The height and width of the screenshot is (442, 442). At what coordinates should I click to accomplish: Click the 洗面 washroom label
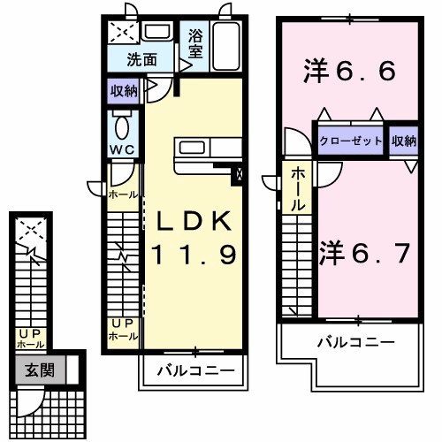coord(141,60)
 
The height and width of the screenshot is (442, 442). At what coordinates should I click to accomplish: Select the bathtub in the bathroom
coord(226,46)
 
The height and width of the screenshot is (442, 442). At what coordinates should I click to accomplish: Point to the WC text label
coord(123,149)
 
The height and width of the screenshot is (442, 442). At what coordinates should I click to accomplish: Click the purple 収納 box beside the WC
coord(124,90)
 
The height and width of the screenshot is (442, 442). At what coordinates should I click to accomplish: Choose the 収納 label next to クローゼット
coord(403,141)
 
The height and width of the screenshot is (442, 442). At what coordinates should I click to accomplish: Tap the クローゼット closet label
coord(352,141)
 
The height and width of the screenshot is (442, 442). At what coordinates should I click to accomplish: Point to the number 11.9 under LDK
coord(193,256)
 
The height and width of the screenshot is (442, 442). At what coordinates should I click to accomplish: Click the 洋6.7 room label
coord(364,253)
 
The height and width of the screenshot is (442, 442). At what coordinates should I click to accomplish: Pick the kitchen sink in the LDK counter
coord(193,148)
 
